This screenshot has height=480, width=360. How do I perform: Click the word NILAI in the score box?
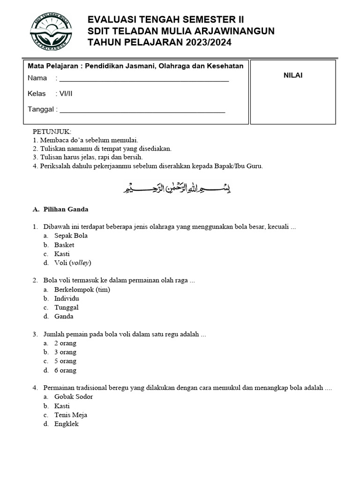pyautogui.click(x=293, y=75)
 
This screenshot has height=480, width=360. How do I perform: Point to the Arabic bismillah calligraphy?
pyautogui.click(x=177, y=188)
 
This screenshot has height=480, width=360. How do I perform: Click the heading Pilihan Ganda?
pyautogui.click(x=66, y=209)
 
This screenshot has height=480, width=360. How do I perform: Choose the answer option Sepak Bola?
pyautogui.click(x=71, y=236)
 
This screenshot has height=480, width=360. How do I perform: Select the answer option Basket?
pyautogui.click(x=64, y=245)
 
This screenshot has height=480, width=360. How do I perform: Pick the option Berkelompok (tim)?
pyautogui.click(x=82, y=289)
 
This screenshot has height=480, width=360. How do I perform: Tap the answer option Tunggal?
pyautogui.click(x=66, y=307)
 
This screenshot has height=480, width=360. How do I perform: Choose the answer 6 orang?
pyautogui.click(x=65, y=370)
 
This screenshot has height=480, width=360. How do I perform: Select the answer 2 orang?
pyautogui.click(x=65, y=343)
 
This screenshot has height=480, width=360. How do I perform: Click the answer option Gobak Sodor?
pyautogui.click(x=74, y=397)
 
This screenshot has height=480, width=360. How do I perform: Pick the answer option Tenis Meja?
pyautogui.click(x=71, y=415)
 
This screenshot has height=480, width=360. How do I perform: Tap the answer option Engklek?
pyautogui.click(x=67, y=424)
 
